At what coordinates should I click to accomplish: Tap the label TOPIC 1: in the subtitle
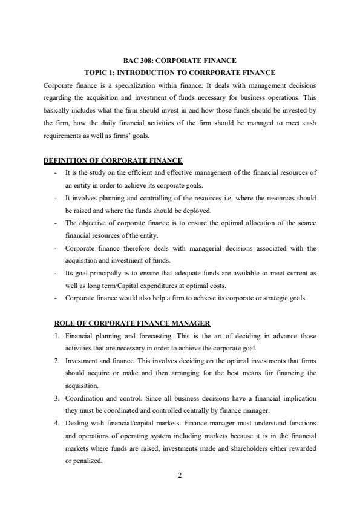tap(100, 73)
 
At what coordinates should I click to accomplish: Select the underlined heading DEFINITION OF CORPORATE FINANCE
tap(113, 160)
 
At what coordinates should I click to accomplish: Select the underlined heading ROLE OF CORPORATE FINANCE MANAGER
tap(133, 323)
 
